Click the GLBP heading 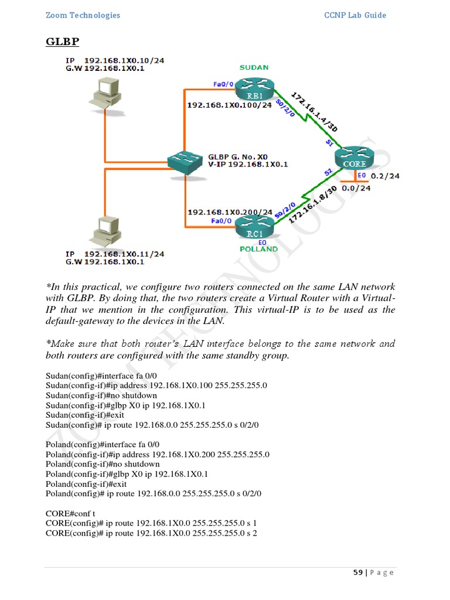(63, 42)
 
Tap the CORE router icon (354, 159)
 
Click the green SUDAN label (254, 67)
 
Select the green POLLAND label (258, 249)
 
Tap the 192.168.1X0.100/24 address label (229, 105)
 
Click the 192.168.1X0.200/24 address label (229, 212)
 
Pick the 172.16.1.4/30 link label (313, 110)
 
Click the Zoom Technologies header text (83, 15)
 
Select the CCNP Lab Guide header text (355, 15)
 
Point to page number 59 (357, 572)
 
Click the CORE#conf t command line (70, 513)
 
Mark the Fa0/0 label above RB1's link (223, 84)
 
